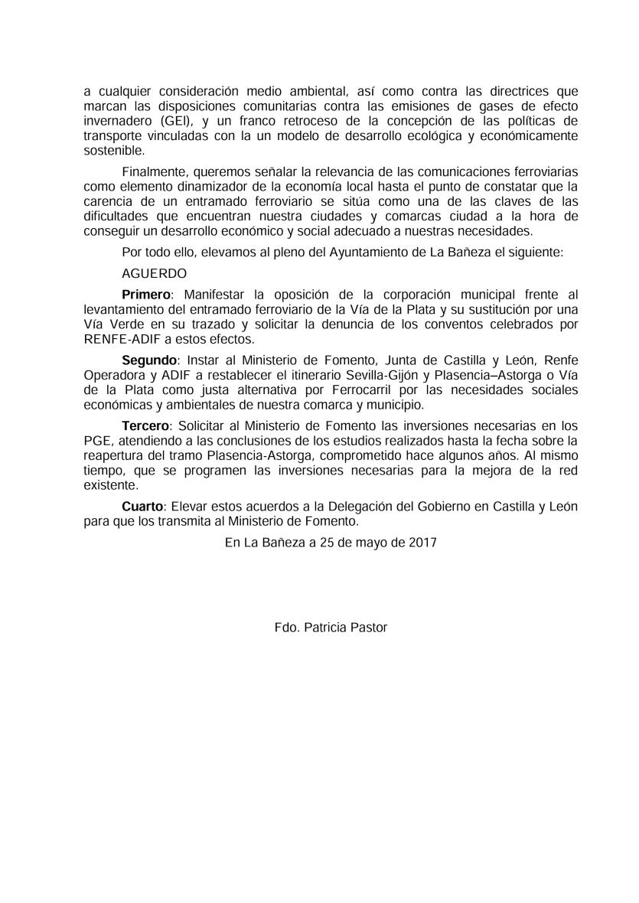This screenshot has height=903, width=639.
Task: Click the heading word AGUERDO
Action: [154, 272]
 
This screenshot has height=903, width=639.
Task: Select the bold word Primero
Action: [145, 294]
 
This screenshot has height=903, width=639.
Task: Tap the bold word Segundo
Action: [149, 360]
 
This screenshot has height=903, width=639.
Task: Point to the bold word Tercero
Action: [146, 425]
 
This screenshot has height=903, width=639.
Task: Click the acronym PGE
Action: [98, 440]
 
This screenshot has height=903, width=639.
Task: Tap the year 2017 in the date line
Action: [422, 542]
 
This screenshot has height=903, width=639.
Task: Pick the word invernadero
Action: [116, 121]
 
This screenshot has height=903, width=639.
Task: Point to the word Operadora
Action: [114, 375]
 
